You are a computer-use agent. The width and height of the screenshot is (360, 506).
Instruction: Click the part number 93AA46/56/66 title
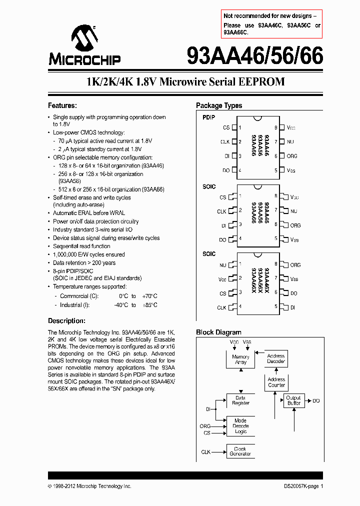pyautogui.click(x=254, y=56)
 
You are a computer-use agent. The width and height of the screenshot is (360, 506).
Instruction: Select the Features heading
pyautogui.click(x=62, y=105)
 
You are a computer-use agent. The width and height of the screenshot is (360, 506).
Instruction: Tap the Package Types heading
pyautogui.click(x=219, y=105)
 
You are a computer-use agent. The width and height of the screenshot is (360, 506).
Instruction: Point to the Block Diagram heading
pyautogui.click(x=218, y=332)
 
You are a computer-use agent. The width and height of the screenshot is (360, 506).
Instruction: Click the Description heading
pyautogui.click(x=66, y=320)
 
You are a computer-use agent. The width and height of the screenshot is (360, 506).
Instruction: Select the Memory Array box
pyautogui.click(x=240, y=359)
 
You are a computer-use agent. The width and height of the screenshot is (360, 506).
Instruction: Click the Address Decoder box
pyautogui.click(x=276, y=358)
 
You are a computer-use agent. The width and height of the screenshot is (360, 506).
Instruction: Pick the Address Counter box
pyautogui.click(x=276, y=382)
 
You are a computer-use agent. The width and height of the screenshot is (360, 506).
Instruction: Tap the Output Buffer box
pyautogui.click(x=293, y=400)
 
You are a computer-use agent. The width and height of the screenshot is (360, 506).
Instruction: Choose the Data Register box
pyautogui.click(x=240, y=400)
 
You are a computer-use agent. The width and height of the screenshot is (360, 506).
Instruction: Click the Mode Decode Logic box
pyautogui.click(x=240, y=426)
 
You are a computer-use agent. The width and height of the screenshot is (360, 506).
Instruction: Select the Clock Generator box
pyautogui.click(x=240, y=451)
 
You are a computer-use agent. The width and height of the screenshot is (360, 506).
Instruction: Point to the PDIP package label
pyautogui.click(x=209, y=117)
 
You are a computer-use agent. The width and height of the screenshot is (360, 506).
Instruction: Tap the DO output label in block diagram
pyautogui.click(x=316, y=401)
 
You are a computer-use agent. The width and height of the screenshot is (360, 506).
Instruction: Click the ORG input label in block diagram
pyautogui.click(x=205, y=426)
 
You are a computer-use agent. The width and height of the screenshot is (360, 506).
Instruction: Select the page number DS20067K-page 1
pyautogui.click(x=300, y=486)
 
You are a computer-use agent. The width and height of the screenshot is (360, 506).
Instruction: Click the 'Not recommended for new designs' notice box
pyautogui.click(x=271, y=24)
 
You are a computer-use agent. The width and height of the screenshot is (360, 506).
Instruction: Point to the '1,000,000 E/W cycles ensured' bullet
pyautogui.click(x=89, y=254)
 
